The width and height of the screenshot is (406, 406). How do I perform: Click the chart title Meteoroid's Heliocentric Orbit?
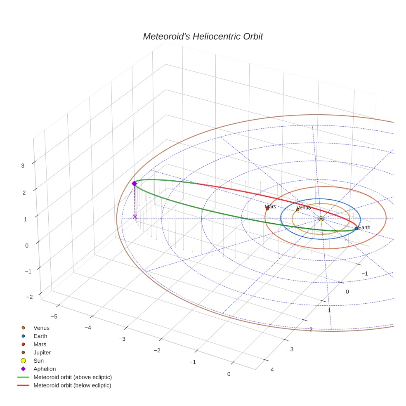click(203, 37)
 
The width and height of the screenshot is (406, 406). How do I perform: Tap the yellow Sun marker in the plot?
click(321, 218)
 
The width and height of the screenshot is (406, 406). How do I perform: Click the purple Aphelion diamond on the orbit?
click(134, 184)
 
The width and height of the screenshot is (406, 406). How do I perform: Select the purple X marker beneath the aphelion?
click(135, 216)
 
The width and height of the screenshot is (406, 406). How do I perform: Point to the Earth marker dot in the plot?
click(356, 228)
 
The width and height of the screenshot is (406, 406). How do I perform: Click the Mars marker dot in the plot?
click(267, 209)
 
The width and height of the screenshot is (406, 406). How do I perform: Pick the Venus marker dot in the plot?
click(297, 210)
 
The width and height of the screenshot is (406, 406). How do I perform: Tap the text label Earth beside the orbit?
click(364, 227)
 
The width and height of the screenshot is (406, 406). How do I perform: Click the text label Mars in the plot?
click(271, 206)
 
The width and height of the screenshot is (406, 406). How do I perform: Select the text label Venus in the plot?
click(304, 207)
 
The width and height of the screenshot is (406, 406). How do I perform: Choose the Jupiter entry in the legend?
click(42, 352)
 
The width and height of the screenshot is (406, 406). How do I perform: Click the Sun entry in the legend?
click(38, 361)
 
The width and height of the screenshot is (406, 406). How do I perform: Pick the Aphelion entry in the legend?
click(45, 369)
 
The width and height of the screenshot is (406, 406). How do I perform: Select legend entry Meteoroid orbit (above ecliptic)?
click(73, 377)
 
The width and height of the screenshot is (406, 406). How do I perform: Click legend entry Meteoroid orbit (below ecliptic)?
click(72, 385)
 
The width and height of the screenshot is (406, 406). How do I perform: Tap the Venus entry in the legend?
click(41, 328)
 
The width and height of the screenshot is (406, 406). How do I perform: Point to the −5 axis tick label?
click(54, 316)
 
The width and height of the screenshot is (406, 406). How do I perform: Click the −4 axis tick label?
click(87, 327)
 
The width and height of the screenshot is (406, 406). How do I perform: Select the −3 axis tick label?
click(122, 339)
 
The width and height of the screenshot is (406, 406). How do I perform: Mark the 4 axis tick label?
click(271, 369)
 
